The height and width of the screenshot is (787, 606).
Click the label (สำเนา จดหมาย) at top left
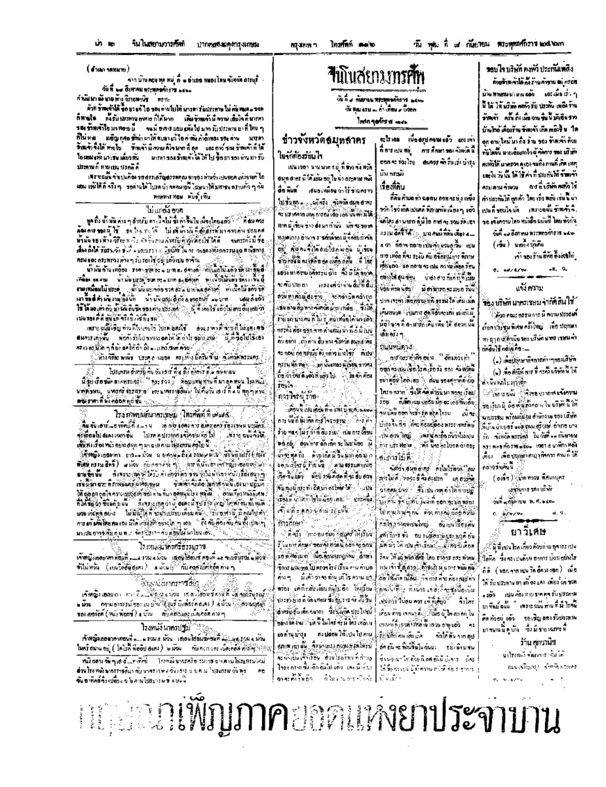[108, 69]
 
